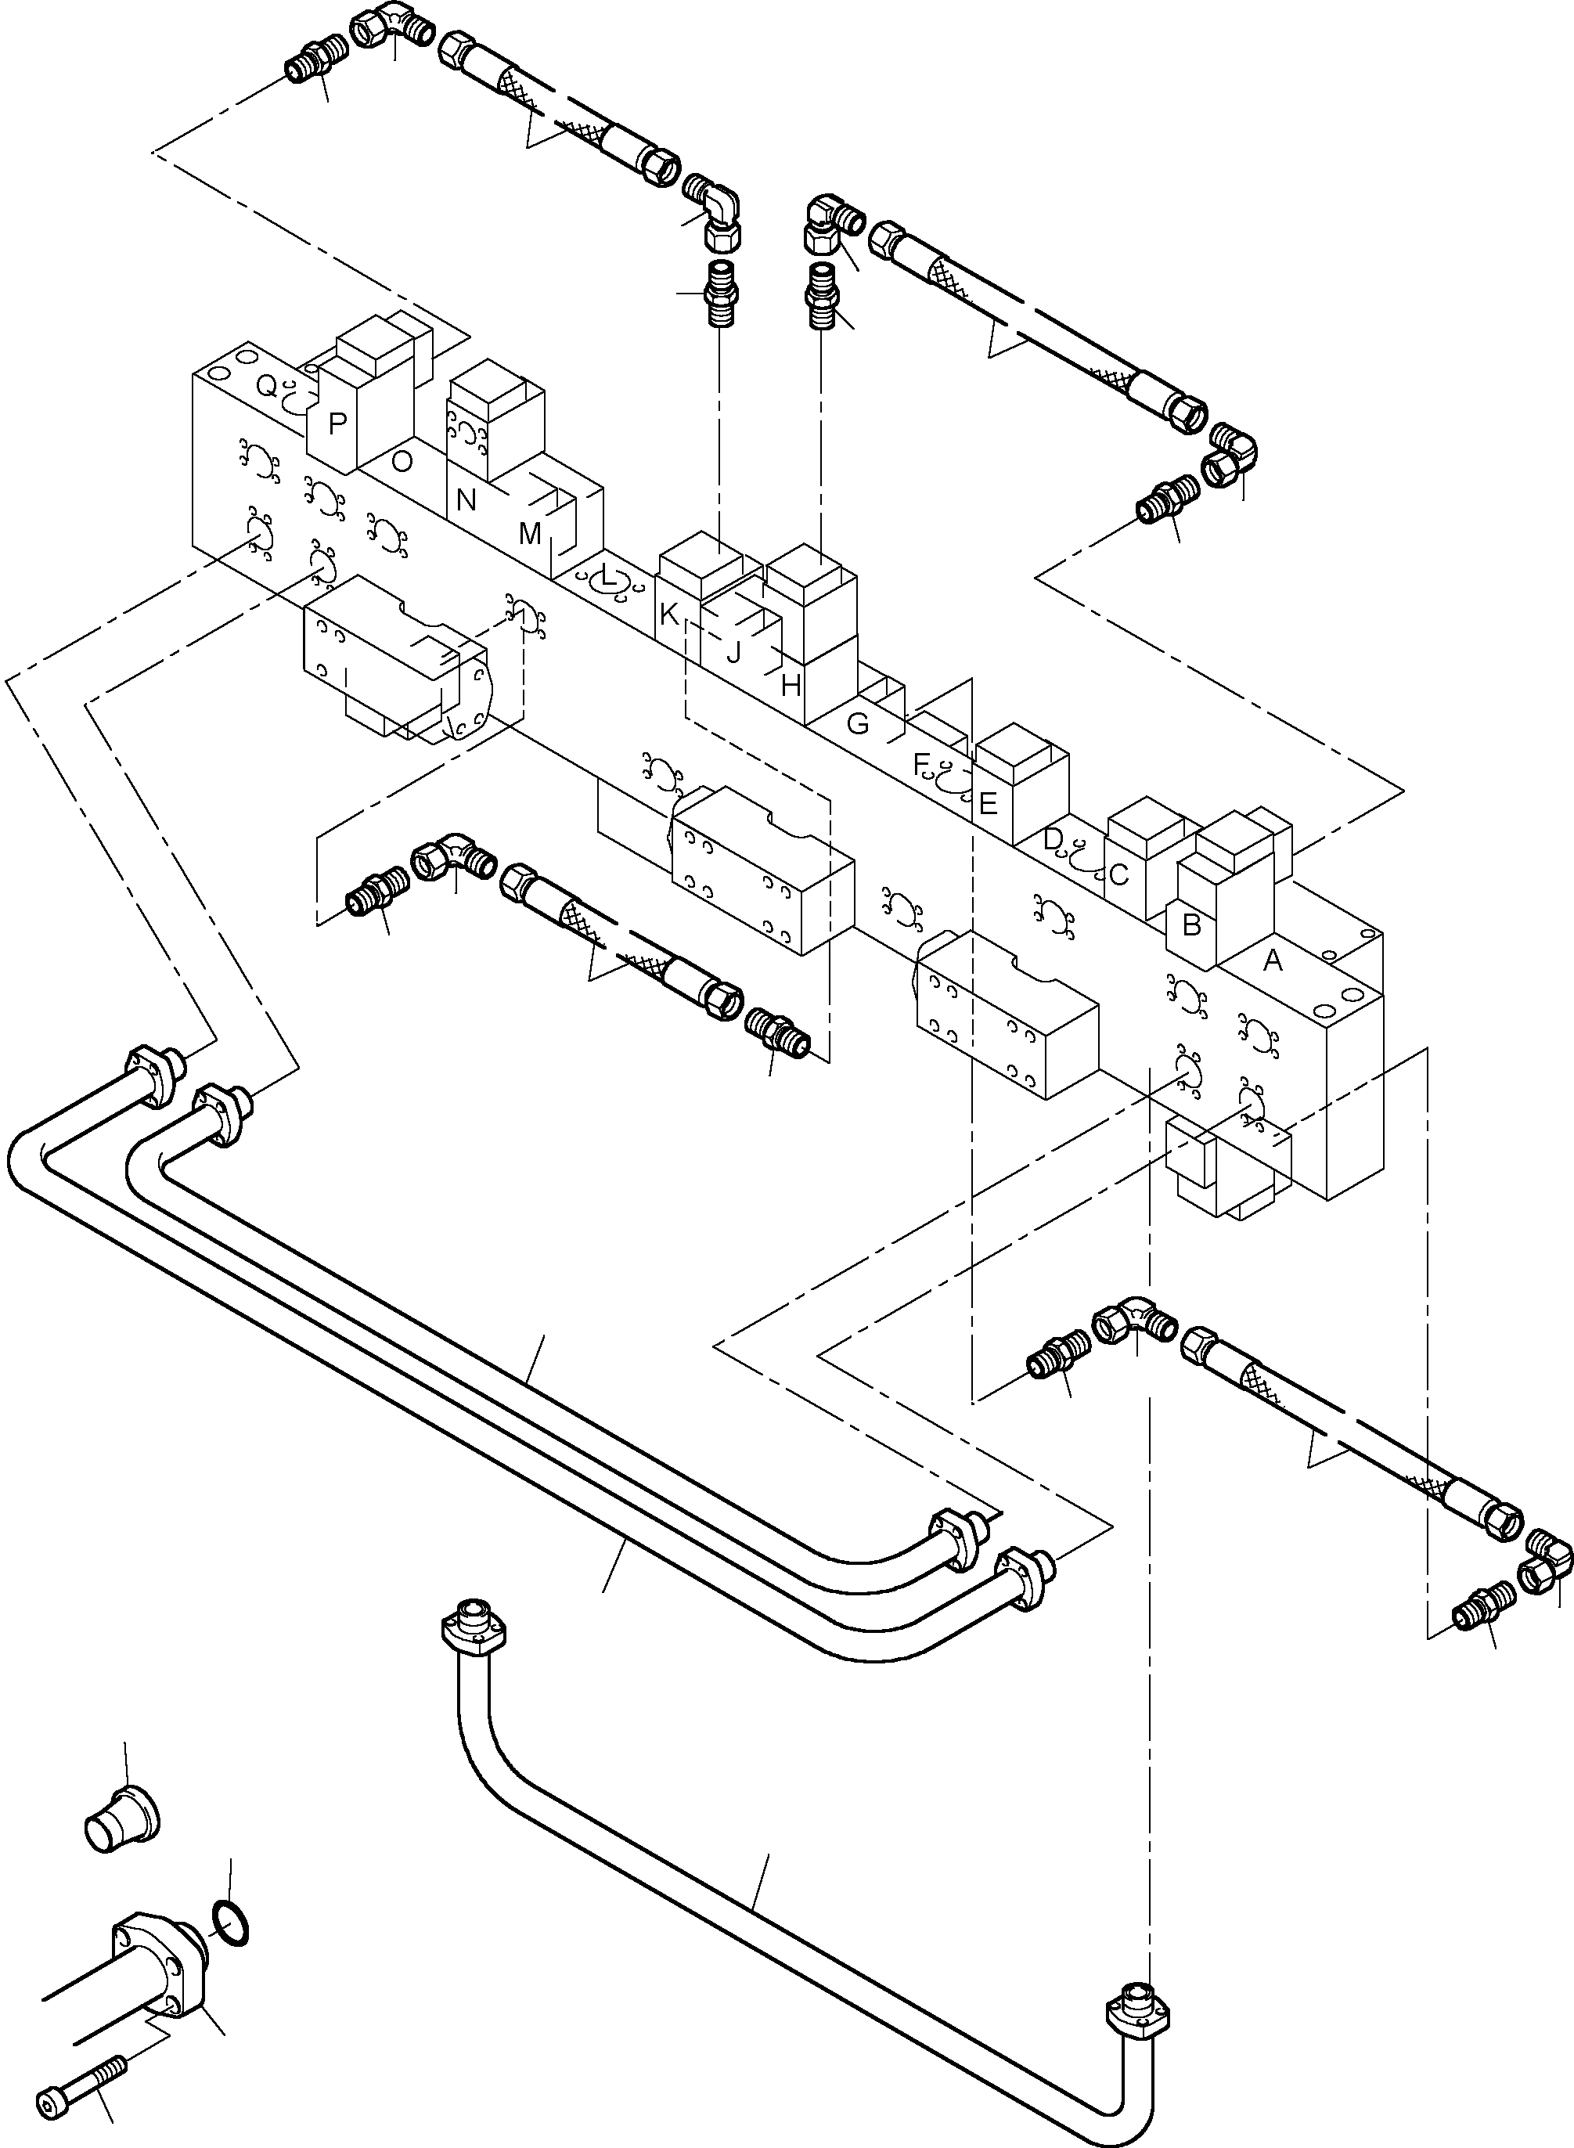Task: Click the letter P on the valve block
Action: click(337, 424)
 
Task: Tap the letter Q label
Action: click(268, 386)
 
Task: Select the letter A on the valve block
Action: click(1273, 961)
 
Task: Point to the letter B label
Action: click(1191, 924)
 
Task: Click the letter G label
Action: click(858, 724)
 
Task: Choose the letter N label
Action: click(466, 499)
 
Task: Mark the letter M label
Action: click(530, 534)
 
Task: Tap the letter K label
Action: click(669, 615)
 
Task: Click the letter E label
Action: click(988, 803)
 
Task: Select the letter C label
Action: click(1118, 874)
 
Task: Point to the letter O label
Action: click(402, 462)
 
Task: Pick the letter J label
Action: click(733, 654)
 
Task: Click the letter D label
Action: click(1052, 840)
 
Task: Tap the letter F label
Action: click(920, 763)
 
